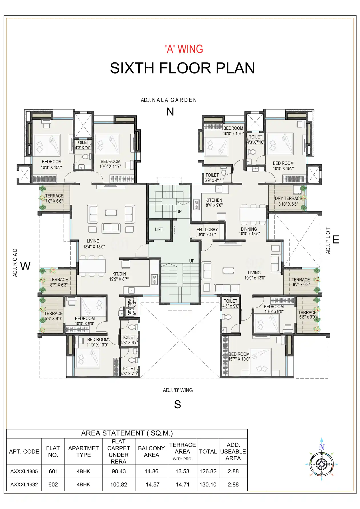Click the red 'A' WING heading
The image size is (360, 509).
pyautogui.click(x=184, y=49)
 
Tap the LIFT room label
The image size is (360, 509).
pyautogui.click(x=159, y=230)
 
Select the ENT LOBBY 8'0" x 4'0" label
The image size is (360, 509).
pyautogui.click(x=207, y=232)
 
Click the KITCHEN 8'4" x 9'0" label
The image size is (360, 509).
pyautogui.click(x=214, y=203)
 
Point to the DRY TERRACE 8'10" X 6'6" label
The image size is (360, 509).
pyautogui.click(x=288, y=201)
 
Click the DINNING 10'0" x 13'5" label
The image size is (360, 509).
pyautogui.click(x=249, y=231)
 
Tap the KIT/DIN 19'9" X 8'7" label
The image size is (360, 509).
pyautogui.click(x=119, y=276)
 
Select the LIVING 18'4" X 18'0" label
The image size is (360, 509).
pyautogui.click(x=94, y=244)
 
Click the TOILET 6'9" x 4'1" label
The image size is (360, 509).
pyautogui.click(x=213, y=178)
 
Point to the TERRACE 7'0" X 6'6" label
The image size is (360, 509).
pyautogui.click(x=54, y=198)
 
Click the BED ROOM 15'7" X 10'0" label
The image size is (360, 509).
pyautogui.click(x=239, y=356)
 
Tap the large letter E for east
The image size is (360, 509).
pyautogui.click(x=336, y=240)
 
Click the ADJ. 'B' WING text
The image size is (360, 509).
pyautogui.click(x=178, y=390)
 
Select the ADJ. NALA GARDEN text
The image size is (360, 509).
pyautogui.click(x=169, y=100)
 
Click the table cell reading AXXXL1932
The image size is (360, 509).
pyautogui.click(x=24, y=484)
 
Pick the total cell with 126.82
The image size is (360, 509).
pyautogui.click(x=208, y=471)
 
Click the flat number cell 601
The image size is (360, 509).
pyautogui.click(x=53, y=471)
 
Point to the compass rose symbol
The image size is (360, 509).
pyautogui.click(x=321, y=464)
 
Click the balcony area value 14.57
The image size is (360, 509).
pyautogui.click(x=152, y=484)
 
